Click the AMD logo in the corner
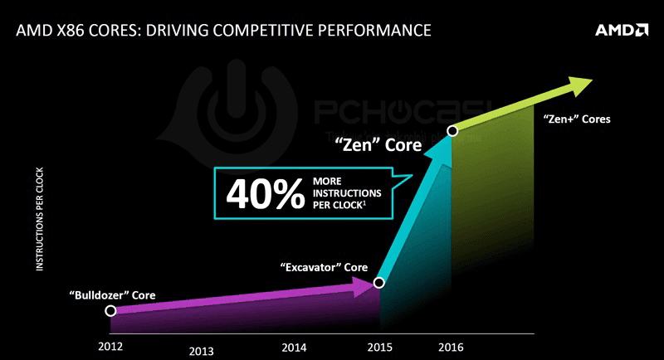tap(621, 32)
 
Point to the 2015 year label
tap(380, 343)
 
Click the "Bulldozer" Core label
tap(113, 294)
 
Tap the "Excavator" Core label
tap(323, 268)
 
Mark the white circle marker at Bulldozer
tap(110, 311)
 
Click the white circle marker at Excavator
tap(378, 283)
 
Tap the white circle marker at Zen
tap(452, 130)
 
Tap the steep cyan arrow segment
tap(415, 207)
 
